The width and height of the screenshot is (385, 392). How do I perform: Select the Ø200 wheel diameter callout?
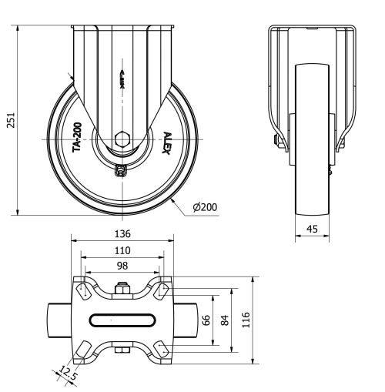[204, 207]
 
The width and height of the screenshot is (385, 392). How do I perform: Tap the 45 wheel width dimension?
[313, 229]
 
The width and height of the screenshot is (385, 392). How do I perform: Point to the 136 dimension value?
[122, 233]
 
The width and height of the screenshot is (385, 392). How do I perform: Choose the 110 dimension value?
[122, 250]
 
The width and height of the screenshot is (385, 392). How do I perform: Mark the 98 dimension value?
[122, 266]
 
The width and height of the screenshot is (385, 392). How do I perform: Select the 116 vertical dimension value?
[246, 319]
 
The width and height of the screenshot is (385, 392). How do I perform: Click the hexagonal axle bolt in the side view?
[122, 139]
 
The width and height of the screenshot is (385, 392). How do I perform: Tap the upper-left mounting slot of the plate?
[82, 290]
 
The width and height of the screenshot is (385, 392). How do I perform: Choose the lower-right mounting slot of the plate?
[162, 347]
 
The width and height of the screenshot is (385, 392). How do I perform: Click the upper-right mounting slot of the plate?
[162, 290]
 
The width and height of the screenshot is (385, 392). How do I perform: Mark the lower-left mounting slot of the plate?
[82, 347]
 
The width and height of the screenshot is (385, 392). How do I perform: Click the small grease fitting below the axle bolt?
[121, 172]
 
